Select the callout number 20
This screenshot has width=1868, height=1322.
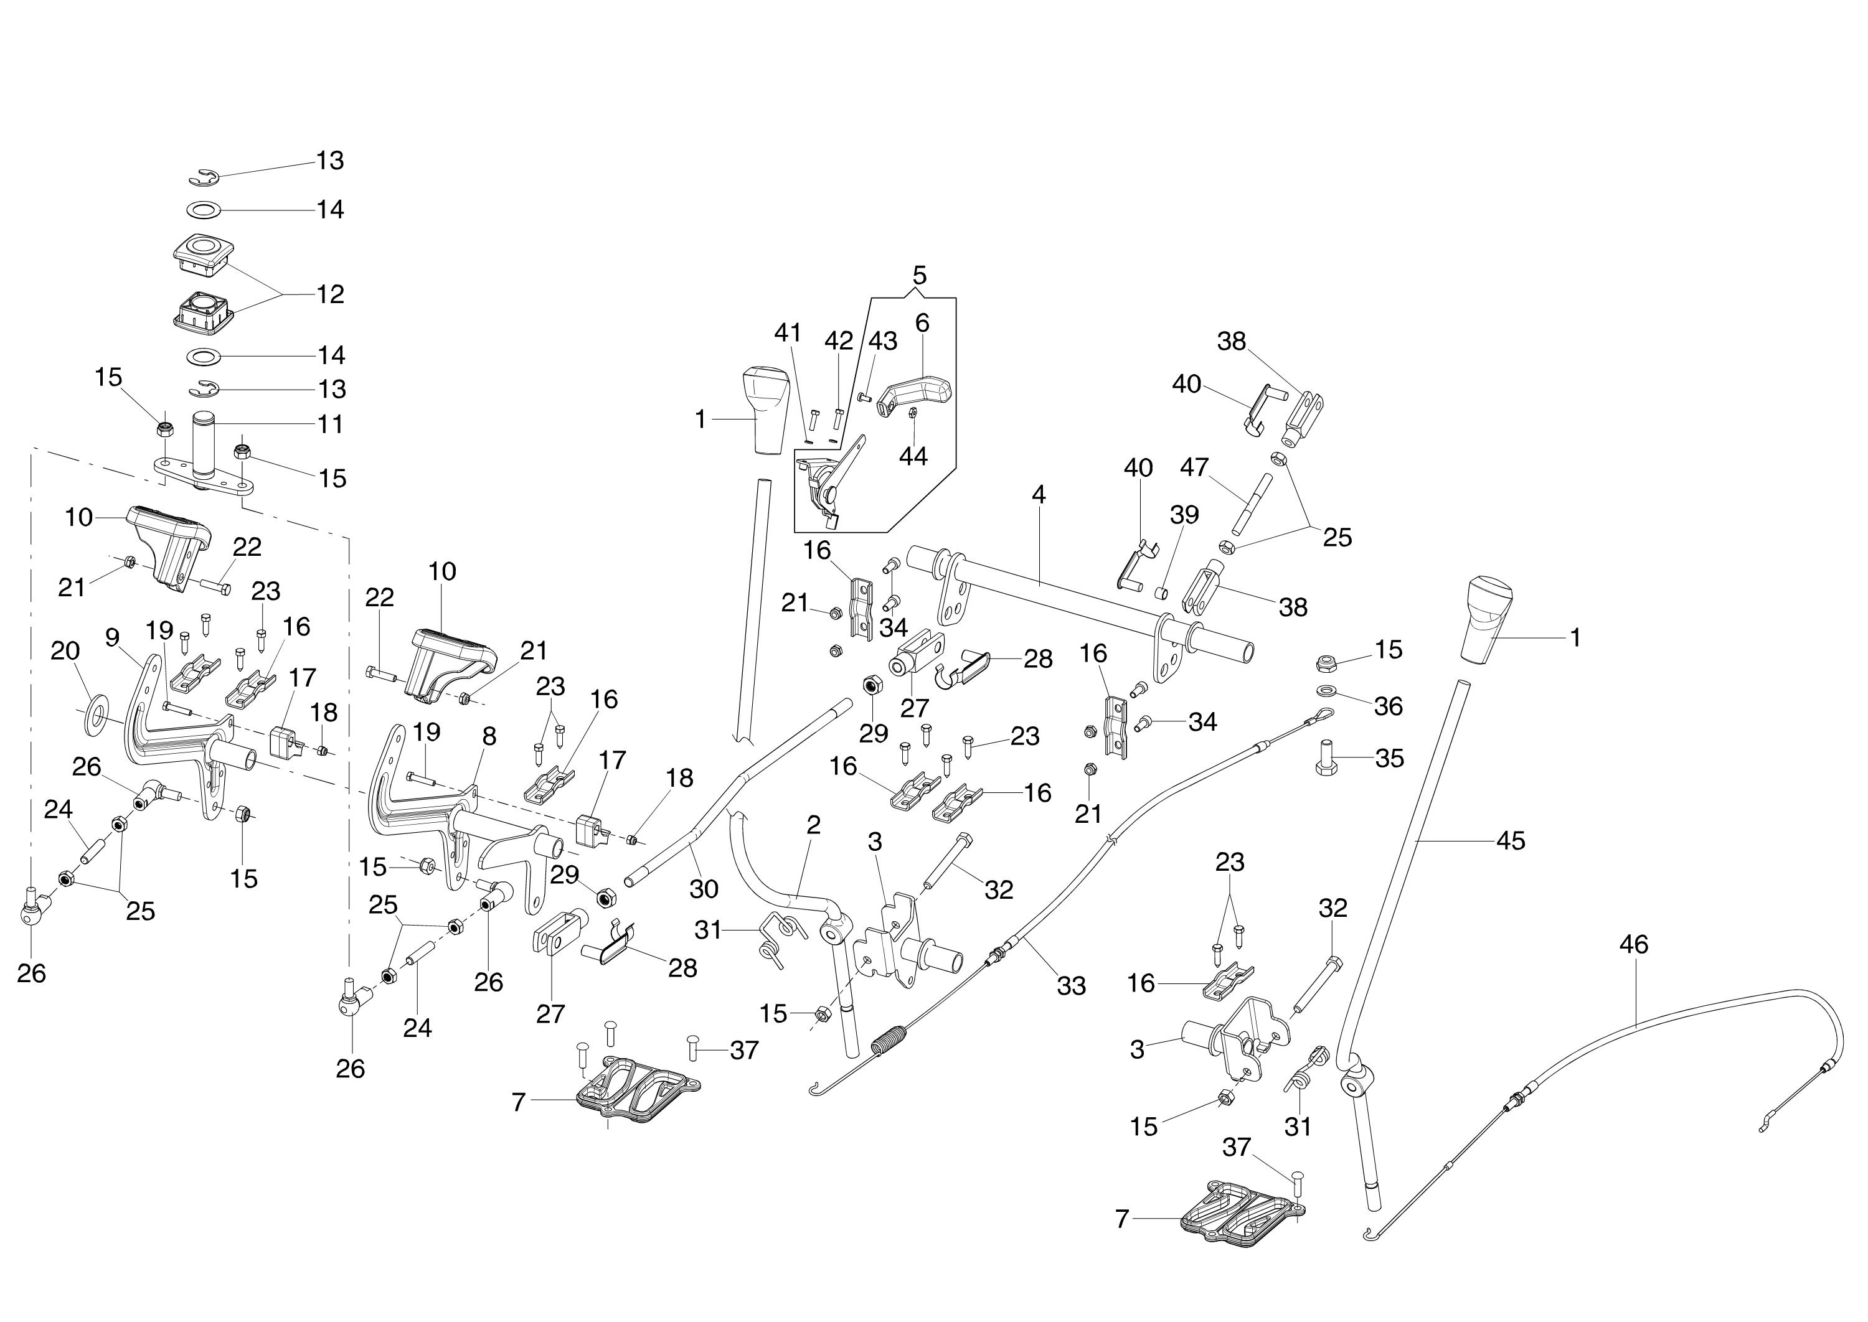click(65, 650)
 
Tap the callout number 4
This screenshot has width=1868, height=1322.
click(1038, 494)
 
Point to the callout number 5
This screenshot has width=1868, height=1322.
click(919, 274)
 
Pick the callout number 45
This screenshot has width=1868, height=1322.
click(1511, 840)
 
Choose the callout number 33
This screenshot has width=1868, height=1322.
click(1072, 986)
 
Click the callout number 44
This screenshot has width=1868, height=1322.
click(913, 457)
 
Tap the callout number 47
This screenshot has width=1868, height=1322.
click(1194, 467)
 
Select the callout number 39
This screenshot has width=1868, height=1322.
click(1184, 515)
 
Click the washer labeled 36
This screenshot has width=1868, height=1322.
click(1326, 692)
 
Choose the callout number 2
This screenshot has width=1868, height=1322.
click(813, 825)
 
